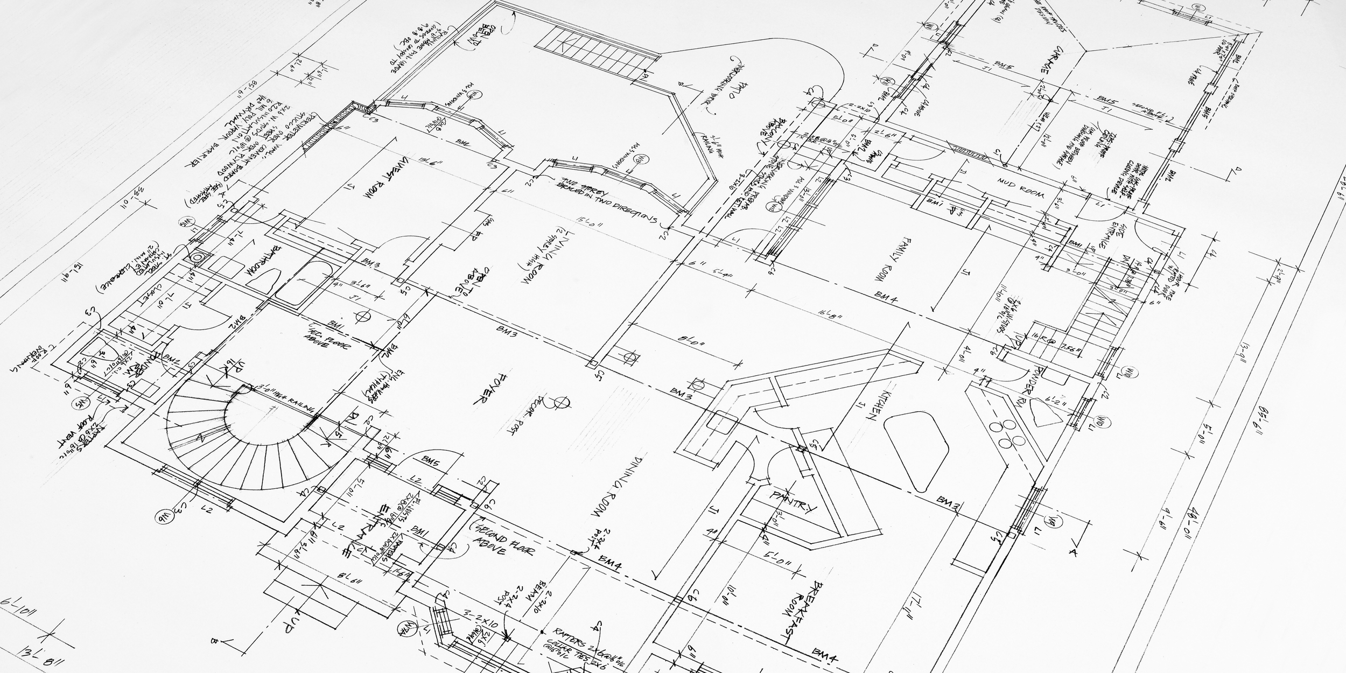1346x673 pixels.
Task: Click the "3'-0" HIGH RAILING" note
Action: (283, 397)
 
